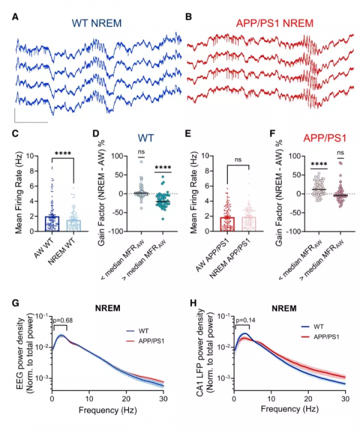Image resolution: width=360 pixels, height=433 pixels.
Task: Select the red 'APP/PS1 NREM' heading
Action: pos(268,23)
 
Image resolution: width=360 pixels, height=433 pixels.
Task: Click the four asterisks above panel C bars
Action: pos(63,153)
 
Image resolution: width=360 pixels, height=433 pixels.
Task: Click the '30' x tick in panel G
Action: pos(162,400)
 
